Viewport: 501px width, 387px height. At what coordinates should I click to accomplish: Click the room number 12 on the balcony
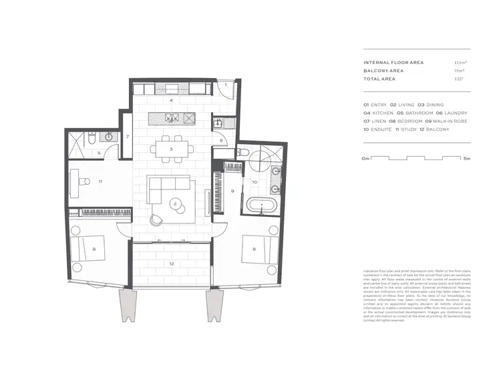pyautogui.click(x=172, y=264)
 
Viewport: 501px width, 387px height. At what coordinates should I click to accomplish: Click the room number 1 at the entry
pyautogui.click(x=226, y=85)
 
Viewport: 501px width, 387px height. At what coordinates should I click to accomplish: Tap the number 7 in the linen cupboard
pyautogui.click(x=128, y=137)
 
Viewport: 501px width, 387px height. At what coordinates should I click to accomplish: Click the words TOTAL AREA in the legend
pyautogui.click(x=379, y=79)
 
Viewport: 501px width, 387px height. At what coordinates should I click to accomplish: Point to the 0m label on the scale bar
pyautogui.click(x=365, y=159)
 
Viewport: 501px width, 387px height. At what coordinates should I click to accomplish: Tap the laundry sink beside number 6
pyautogui.click(x=218, y=125)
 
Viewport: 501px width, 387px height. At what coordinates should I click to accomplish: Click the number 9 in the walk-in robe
pyautogui.click(x=232, y=191)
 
